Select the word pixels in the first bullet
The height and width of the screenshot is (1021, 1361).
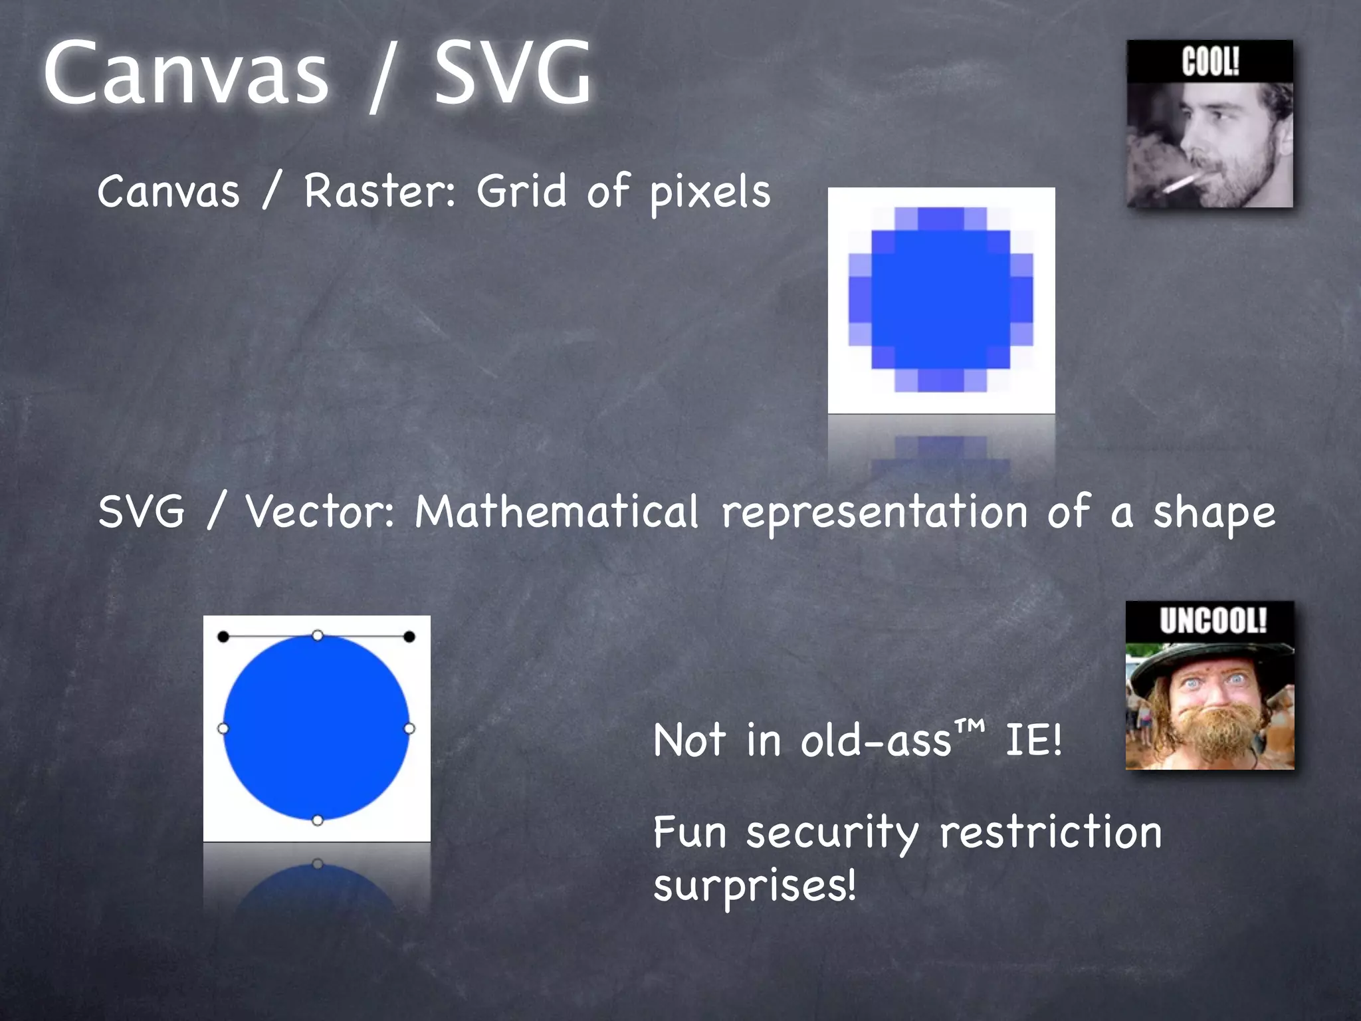(x=710, y=193)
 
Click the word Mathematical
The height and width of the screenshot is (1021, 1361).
(x=557, y=512)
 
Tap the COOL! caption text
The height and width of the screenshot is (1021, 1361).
(x=1210, y=62)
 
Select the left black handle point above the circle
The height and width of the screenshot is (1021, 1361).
(x=223, y=637)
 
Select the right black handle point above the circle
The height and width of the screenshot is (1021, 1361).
(x=409, y=637)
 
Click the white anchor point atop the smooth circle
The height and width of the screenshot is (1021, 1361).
(x=318, y=636)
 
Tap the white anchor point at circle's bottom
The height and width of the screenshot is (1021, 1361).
(x=318, y=820)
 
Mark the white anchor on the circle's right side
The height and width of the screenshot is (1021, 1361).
(x=409, y=729)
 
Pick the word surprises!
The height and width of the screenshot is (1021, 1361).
(x=755, y=885)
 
